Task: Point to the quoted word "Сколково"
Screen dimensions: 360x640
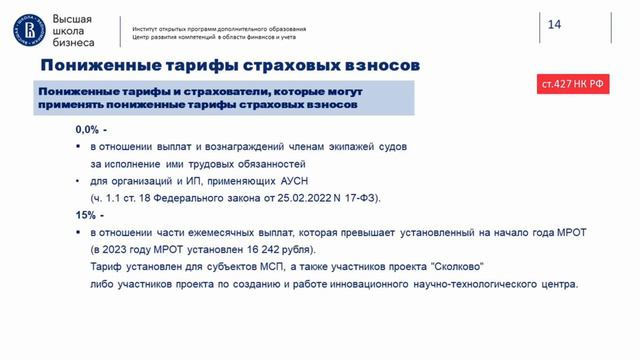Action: pos(455,267)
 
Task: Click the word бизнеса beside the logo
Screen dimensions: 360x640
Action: pos(73,44)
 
